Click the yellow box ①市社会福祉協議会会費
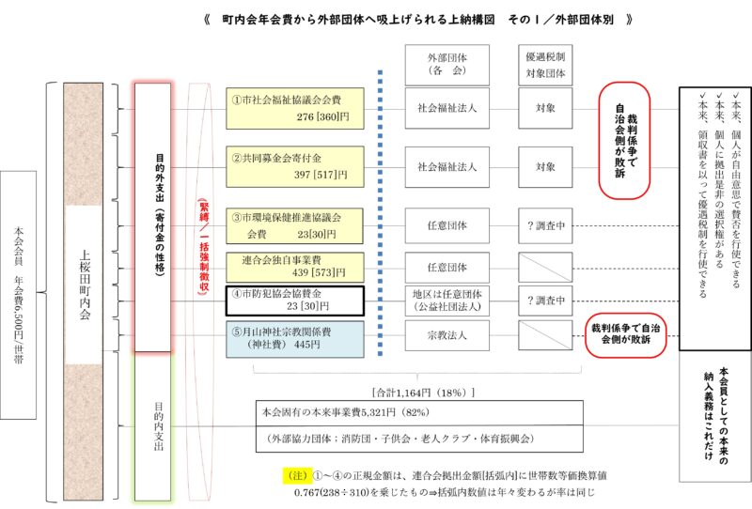click(x=295, y=108)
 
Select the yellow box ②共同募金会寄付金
click(x=295, y=166)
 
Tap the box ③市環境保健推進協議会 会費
click(x=294, y=225)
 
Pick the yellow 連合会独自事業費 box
click(x=295, y=267)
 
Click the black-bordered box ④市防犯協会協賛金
click(x=295, y=301)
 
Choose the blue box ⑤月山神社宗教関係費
click(x=295, y=339)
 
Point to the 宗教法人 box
click(x=447, y=335)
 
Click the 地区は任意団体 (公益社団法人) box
click(x=447, y=301)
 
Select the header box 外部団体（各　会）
click(x=447, y=65)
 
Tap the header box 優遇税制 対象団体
click(x=545, y=65)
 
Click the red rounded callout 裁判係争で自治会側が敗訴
click(x=626, y=335)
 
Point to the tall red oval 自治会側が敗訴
click(x=624, y=140)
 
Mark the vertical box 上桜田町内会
click(x=84, y=291)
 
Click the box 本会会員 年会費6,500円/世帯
click(x=18, y=295)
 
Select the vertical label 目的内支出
click(x=159, y=426)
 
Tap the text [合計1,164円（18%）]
click(x=424, y=393)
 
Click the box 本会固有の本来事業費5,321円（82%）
click(x=419, y=412)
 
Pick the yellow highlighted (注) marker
click(x=297, y=475)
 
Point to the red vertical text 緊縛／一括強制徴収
click(x=204, y=247)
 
